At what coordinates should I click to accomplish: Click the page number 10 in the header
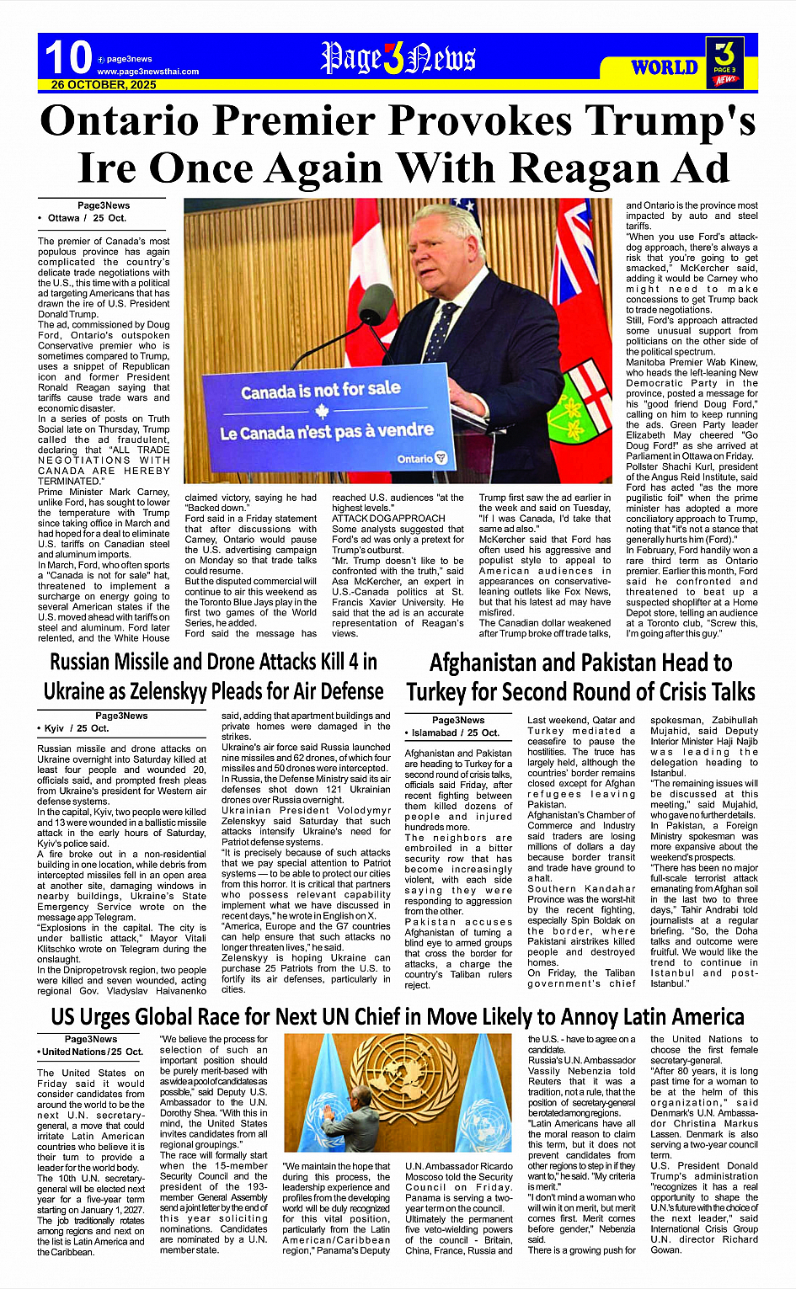pyautogui.click(x=67, y=58)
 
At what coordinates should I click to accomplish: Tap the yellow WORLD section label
pyautogui.click(x=665, y=67)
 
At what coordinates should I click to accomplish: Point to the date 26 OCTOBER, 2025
pyautogui.click(x=104, y=85)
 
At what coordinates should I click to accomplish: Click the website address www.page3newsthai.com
pyautogui.click(x=148, y=72)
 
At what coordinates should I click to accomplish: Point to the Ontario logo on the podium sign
pyautogui.click(x=422, y=459)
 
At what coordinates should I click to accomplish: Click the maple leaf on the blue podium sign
pyautogui.click(x=321, y=412)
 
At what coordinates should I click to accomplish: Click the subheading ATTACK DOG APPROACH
pyautogui.click(x=388, y=519)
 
